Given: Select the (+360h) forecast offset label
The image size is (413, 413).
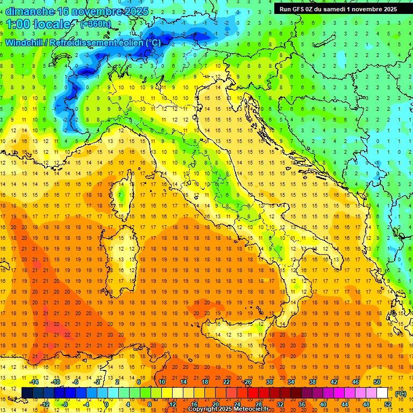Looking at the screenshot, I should (96, 24).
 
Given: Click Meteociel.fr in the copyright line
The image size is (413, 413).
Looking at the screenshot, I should (247, 409).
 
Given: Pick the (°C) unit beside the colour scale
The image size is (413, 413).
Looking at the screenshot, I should (401, 393).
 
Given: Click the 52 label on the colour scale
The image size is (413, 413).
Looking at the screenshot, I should (388, 404).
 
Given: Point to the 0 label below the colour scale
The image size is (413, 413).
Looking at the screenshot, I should (106, 404).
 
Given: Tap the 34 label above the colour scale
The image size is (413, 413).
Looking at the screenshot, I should (290, 382).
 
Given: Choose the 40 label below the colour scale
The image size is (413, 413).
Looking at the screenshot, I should (323, 404).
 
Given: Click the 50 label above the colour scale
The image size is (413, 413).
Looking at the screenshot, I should (377, 382).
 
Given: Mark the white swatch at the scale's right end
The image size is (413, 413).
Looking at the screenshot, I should (382, 393).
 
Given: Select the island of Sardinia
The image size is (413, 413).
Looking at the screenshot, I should (125, 253).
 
